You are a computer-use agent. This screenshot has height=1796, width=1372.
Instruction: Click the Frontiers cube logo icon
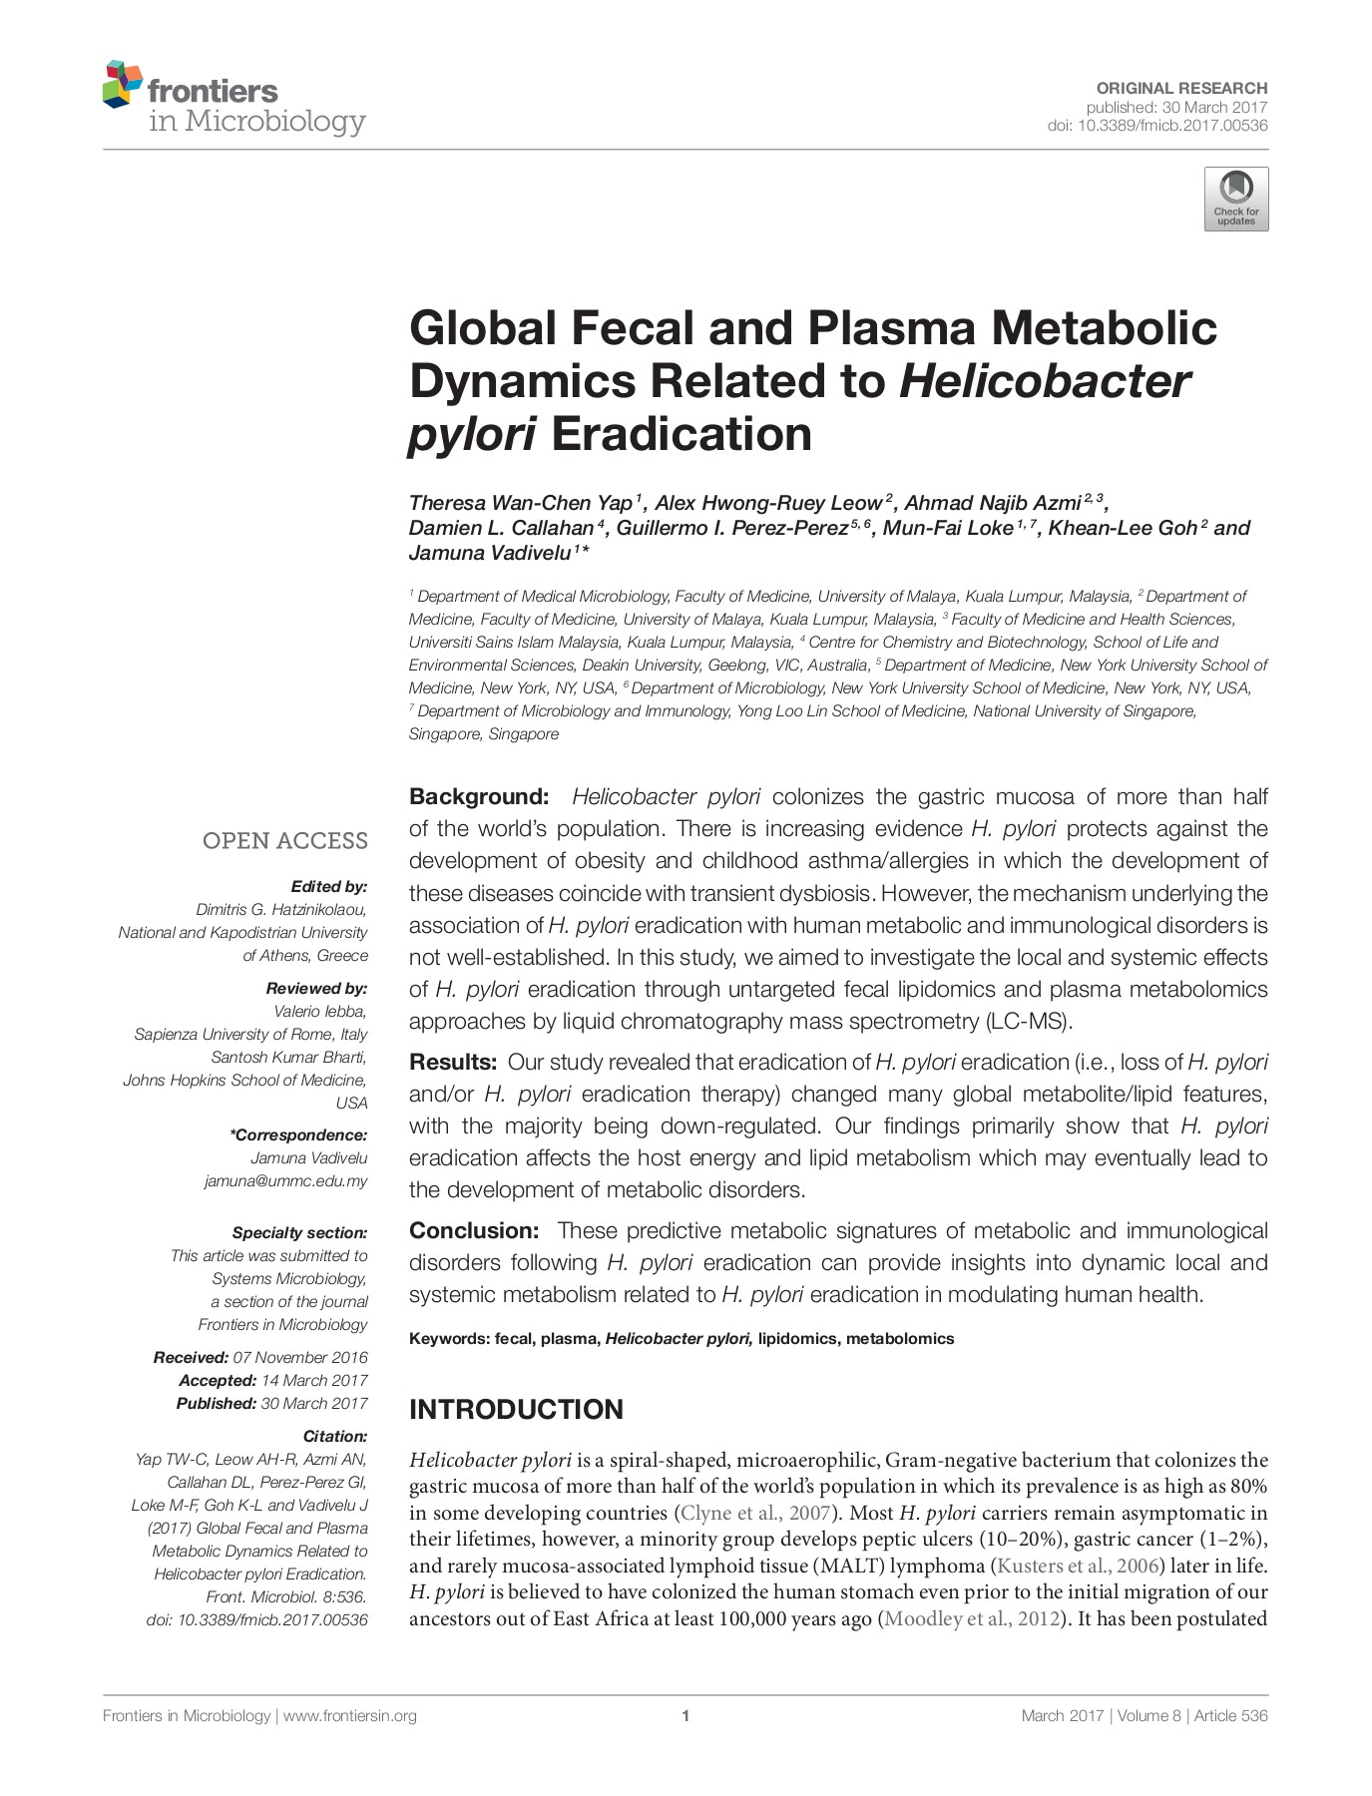pos(123,85)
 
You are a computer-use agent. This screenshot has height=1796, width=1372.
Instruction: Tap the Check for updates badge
pos(1236,200)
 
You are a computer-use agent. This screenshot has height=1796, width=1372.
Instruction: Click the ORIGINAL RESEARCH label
pos(1181,88)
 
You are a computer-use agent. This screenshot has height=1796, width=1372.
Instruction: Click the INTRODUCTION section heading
pos(516,1409)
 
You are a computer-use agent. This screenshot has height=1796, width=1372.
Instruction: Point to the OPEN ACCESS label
pos(285,841)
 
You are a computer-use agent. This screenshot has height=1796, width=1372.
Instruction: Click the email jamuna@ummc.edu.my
pos(286,1180)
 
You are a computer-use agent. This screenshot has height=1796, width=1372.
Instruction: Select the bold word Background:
pos(479,796)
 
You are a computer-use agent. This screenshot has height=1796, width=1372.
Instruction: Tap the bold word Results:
pos(453,1062)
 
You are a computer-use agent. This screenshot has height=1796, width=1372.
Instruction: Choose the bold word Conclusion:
pos(474,1230)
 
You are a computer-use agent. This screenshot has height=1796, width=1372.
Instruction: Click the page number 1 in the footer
pos(686,1716)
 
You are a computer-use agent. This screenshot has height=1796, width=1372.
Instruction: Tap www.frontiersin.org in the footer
pos(350,1716)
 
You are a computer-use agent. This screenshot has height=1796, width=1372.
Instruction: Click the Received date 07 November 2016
pos(300,1357)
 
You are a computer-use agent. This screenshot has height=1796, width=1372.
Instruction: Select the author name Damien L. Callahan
pos(501,528)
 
